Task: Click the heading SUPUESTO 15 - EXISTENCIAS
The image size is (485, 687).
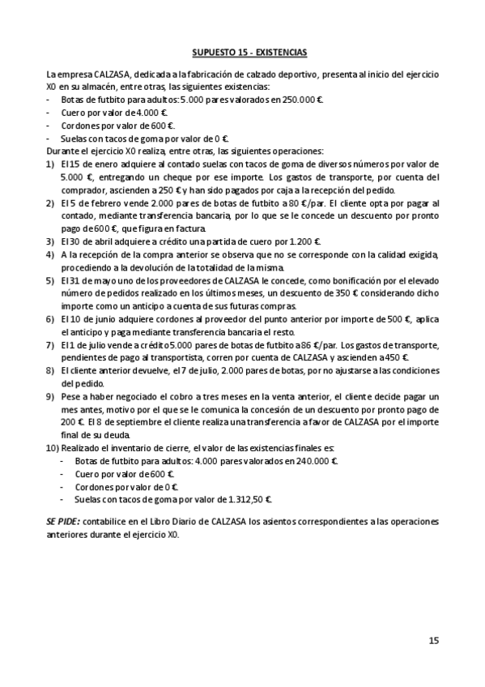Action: click(x=249, y=53)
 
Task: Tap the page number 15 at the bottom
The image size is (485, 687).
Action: click(x=434, y=640)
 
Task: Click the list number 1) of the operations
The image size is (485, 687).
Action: click(x=50, y=164)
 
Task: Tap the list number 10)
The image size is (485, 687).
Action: click(x=53, y=447)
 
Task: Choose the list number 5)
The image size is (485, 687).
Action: click(x=50, y=279)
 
